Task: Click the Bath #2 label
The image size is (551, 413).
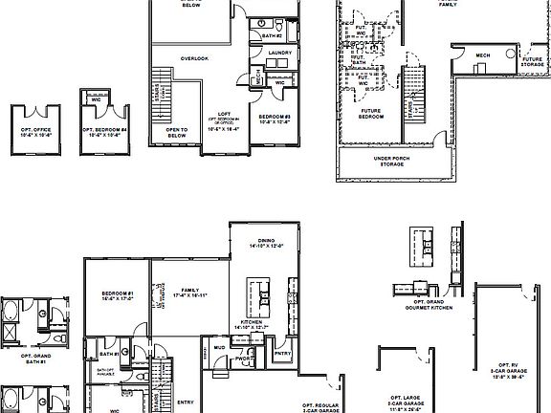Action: coord(272,35)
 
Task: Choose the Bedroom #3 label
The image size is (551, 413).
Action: coord(275,120)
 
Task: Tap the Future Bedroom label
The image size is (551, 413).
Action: coord(372,114)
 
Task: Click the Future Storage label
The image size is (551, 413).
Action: coord(532,62)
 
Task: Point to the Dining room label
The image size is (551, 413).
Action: coord(259,244)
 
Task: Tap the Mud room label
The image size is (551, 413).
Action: coord(219,347)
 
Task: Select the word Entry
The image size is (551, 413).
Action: coord(186,402)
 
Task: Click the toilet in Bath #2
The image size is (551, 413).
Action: coord(275,22)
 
